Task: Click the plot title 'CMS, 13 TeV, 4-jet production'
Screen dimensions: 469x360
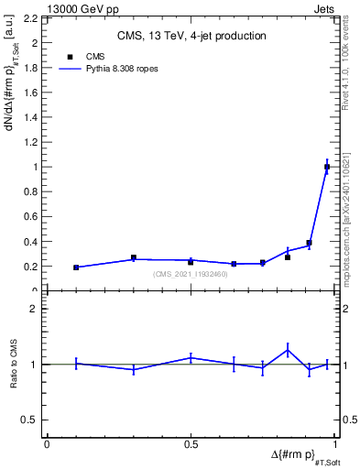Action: (191, 36)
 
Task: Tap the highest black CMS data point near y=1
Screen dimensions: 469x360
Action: (327, 167)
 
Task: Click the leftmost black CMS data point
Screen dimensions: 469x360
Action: (76, 267)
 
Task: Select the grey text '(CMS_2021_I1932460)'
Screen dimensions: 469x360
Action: (190, 274)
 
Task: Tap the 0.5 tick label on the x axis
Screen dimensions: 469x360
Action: (190, 444)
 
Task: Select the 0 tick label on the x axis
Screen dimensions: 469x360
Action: (47, 444)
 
